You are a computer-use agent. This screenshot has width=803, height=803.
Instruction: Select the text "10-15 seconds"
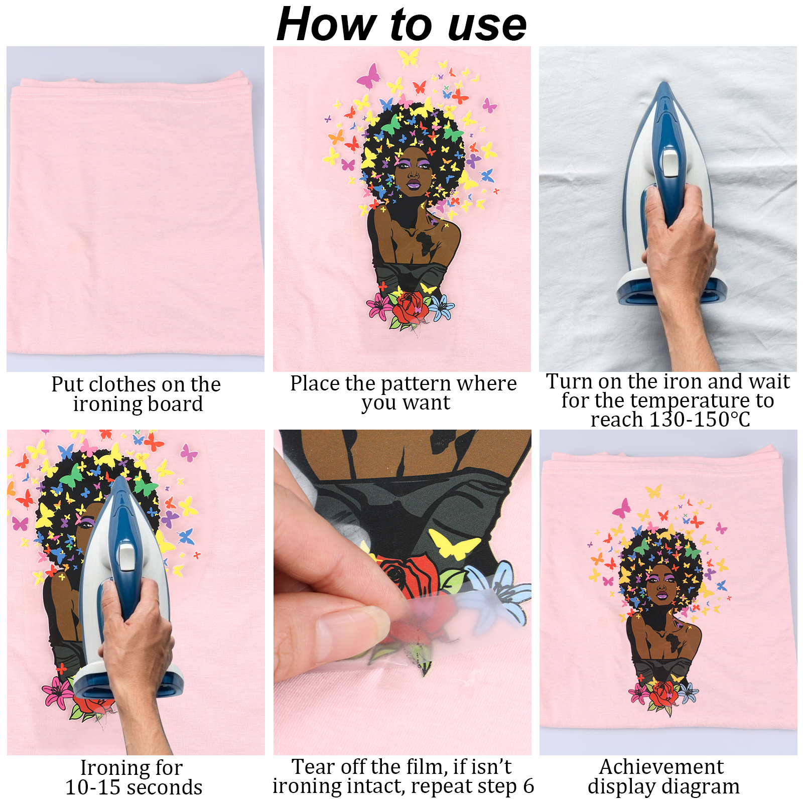(134, 787)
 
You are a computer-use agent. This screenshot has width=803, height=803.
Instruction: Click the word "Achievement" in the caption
(661, 766)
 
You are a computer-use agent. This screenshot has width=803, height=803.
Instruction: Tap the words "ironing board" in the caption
(138, 404)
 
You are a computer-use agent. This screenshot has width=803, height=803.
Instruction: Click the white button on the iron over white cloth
(670, 163)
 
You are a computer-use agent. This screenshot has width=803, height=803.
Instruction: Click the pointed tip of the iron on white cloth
(664, 83)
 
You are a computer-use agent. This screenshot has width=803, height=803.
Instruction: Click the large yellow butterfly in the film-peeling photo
(454, 545)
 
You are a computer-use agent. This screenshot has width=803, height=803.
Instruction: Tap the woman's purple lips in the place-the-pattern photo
(414, 184)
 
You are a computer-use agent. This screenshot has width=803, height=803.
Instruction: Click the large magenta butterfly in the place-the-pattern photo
(368, 76)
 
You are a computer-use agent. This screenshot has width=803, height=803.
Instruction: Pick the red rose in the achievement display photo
(663, 694)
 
